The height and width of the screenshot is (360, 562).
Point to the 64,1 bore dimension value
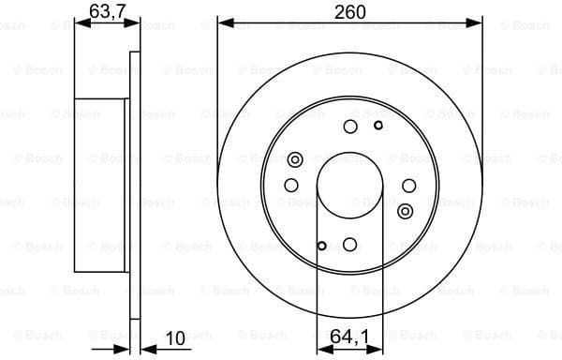coord(349,333)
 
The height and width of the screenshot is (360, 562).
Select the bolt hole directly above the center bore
coord(350,127)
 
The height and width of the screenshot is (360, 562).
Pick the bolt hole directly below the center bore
coord(350,245)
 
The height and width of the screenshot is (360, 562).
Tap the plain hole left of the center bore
coord(291,186)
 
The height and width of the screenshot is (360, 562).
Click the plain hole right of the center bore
coord(409,186)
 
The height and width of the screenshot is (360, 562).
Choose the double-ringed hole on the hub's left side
coord(296,160)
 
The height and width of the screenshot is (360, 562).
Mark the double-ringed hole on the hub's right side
coord(405,210)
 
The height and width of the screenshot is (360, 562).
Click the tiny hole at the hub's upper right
coord(378,125)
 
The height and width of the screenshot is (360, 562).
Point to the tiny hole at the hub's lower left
coord(322,247)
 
